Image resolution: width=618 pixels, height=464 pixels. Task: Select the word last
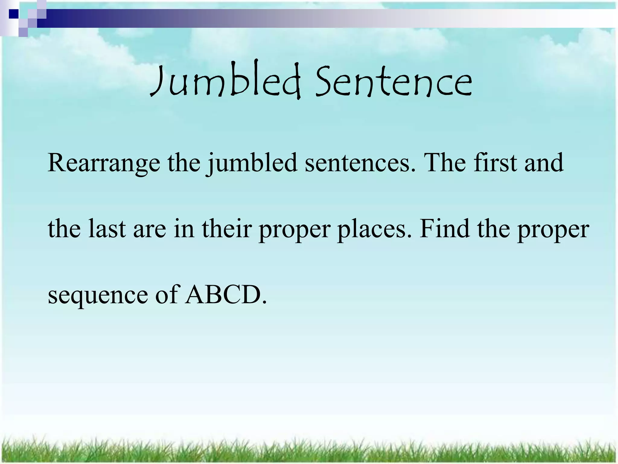[107, 229]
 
